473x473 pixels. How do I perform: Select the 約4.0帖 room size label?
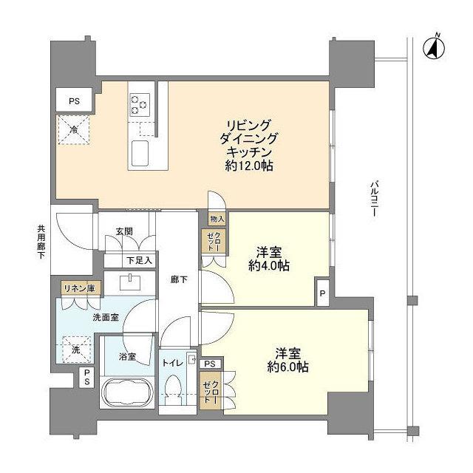269,267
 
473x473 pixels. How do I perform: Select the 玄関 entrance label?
123,231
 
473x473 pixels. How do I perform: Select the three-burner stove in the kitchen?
138,103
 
